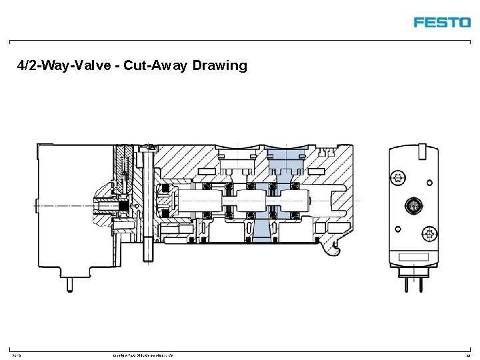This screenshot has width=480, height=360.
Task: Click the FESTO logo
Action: coord(442,22)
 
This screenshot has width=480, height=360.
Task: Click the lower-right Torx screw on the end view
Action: coord(428,233)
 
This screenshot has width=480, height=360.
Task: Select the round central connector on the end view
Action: coord(413,205)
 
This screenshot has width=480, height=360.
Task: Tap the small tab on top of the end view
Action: coord(422,150)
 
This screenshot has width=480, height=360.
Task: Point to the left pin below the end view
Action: coord(406,283)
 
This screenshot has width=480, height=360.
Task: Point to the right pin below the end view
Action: coord(421,283)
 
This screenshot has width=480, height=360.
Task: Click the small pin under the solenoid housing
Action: coord(69,283)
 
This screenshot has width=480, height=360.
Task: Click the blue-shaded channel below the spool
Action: coord(263,229)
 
